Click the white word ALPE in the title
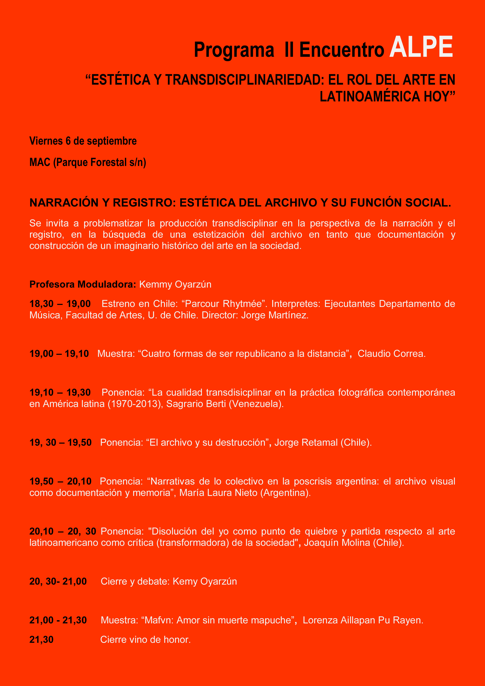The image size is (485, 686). [421, 47]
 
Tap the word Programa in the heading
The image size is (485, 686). [234, 50]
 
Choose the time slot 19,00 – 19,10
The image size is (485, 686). [59, 353]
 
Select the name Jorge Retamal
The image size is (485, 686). [306, 442]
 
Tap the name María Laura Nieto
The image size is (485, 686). [218, 492]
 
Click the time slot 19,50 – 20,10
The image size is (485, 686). [60, 481]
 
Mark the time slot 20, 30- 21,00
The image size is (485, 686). [58, 581]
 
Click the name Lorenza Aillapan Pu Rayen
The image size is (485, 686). [363, 620]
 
